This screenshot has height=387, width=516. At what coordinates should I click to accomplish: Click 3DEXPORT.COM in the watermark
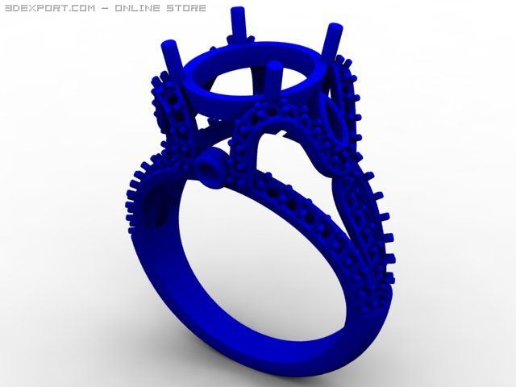(48, 8)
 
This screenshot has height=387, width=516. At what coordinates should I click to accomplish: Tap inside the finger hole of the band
(242, 258)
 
